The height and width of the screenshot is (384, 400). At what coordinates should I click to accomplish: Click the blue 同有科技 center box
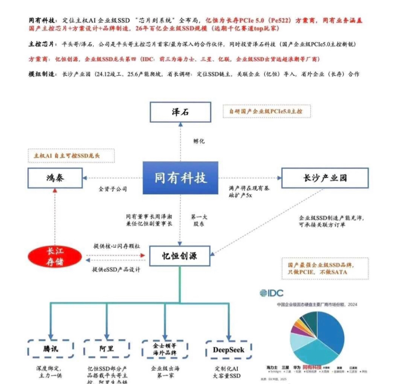(180, 178)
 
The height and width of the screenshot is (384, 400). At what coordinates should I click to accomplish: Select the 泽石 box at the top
(180, 112)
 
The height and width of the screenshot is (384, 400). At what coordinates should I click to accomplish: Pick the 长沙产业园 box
(325, 178)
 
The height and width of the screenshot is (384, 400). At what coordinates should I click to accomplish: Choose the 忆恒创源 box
(180, 256)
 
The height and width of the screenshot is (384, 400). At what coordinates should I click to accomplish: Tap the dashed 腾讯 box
(51, 348)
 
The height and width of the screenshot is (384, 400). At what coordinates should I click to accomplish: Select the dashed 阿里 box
(107, 348)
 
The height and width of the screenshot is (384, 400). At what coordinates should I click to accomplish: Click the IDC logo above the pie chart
(271, 293)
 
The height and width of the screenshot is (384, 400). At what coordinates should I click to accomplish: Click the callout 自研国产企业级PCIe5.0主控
(266, 112)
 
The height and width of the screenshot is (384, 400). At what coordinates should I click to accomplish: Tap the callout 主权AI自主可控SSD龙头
(71, 155)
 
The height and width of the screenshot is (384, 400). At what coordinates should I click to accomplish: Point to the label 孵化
(199, 141)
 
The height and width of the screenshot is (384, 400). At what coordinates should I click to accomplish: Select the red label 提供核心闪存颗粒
(116, 246)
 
